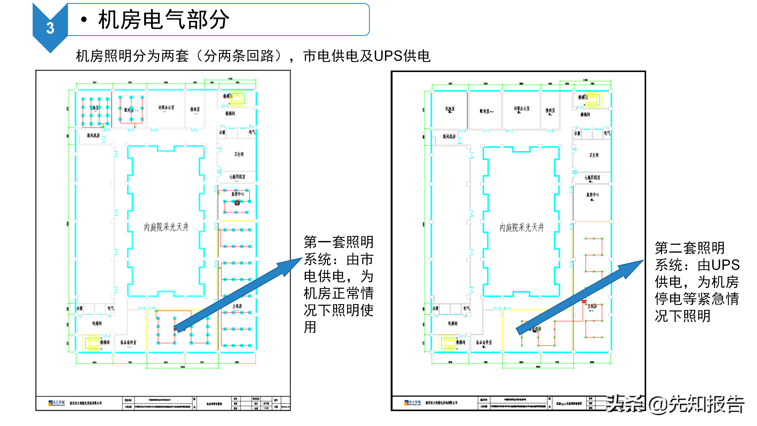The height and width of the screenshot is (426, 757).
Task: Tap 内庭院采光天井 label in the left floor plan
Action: (x=166, y=227)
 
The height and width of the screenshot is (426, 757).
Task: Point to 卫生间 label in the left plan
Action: (x=239, y=154)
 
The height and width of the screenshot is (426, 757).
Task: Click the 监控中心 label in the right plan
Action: (x=592, y=195)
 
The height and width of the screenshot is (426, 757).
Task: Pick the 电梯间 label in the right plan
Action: (x=453, y=323)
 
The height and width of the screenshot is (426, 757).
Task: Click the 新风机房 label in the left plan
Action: (x=93, y=135)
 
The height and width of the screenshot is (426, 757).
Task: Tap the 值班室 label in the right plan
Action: (x=550, y=110)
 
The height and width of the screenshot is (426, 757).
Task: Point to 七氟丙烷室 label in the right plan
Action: (x=592, y=177)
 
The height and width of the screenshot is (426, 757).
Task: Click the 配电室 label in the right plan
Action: (x=485, y=111)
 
